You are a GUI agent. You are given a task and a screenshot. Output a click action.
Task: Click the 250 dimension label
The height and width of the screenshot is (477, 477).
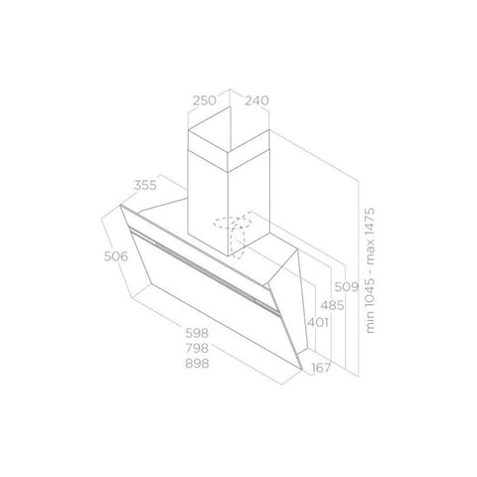(x=205, y=100)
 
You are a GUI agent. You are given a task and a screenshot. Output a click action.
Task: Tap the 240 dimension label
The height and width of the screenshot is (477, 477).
(x=256, y=100)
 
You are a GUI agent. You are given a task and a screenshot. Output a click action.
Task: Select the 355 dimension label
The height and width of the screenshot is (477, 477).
(x=145, y=185)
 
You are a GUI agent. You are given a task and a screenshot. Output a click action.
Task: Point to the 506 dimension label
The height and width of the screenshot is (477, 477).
(x=116, y=256)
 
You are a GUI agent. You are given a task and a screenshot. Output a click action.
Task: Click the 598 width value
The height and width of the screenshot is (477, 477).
(x=197, y=333)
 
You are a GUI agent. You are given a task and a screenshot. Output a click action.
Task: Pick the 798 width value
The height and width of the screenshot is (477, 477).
(x=197, y=348)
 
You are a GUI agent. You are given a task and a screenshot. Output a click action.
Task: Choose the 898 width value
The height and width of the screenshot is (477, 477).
(x=197, y=364)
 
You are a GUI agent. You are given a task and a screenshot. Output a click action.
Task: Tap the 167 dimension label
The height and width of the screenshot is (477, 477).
(x=321, y=368)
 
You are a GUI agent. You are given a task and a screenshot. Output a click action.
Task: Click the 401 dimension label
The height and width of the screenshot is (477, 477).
(x=318, y=322)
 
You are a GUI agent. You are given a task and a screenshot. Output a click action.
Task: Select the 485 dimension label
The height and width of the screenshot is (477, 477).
(x=332, y=305)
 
